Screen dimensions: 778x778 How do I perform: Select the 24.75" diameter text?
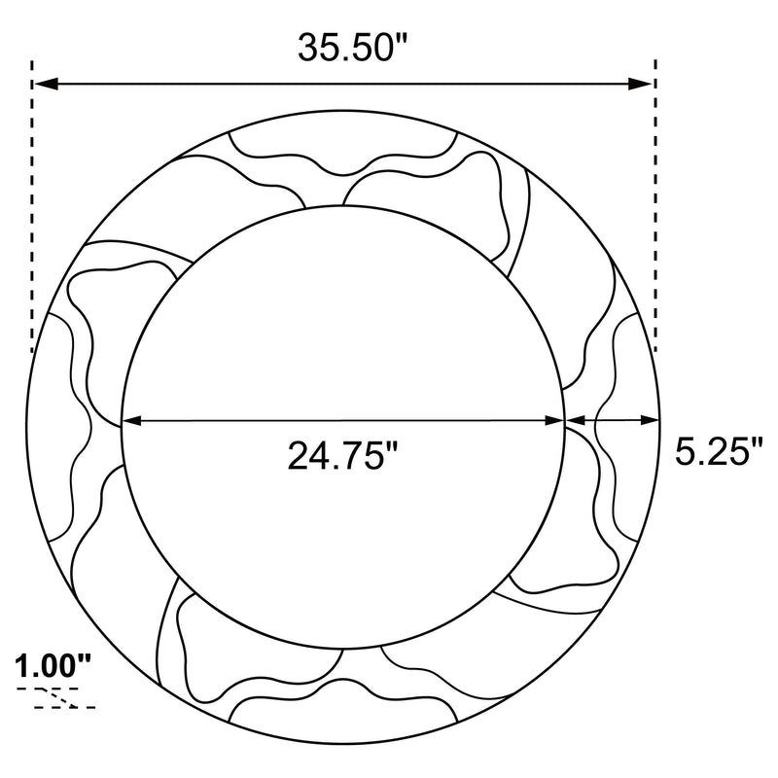[343, 455]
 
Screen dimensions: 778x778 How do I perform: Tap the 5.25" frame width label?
[718, 452]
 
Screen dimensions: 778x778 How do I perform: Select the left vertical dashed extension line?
[33, 214]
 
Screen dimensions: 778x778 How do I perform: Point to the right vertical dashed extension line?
[655, 214]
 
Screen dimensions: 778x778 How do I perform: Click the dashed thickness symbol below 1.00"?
[64, 698]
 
